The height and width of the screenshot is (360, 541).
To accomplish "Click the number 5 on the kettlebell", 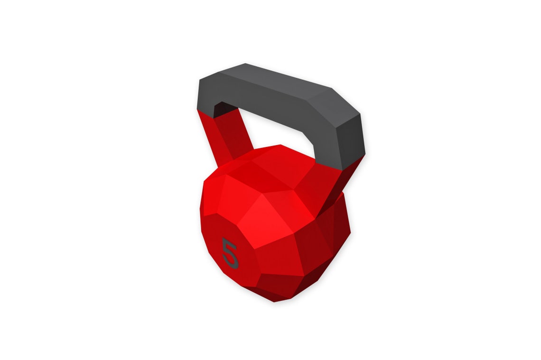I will (x=230, y=252).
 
